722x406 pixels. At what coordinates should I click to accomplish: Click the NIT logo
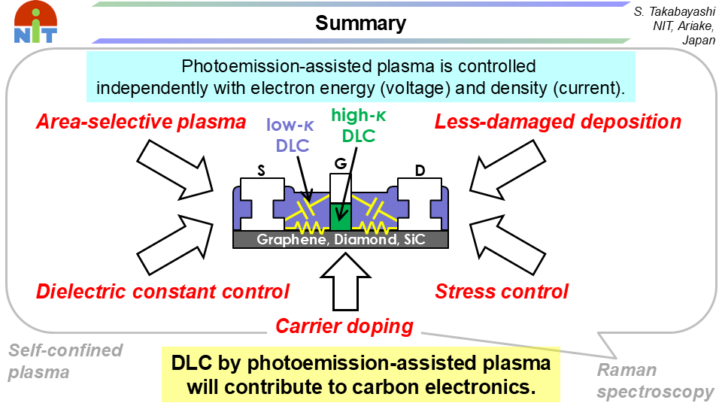(x=34, y=23)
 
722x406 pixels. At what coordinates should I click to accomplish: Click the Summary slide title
(x=360, y=23)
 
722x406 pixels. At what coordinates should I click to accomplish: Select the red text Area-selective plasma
(x=140, y=122)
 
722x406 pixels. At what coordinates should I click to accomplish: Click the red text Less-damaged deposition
(x=558, y=122)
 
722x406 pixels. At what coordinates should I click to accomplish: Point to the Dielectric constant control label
(x=162, y=291)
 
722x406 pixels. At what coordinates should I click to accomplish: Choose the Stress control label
(x=502, y=291)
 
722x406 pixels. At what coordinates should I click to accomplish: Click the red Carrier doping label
(x=344, y=326)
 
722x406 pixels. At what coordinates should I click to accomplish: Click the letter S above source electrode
(x=261, y=172)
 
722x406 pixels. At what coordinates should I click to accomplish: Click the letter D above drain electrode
(x=420, y=172)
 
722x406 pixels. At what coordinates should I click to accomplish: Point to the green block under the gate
(x=341, y=217)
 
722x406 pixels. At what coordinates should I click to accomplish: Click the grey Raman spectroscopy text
(x=654, y=380)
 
